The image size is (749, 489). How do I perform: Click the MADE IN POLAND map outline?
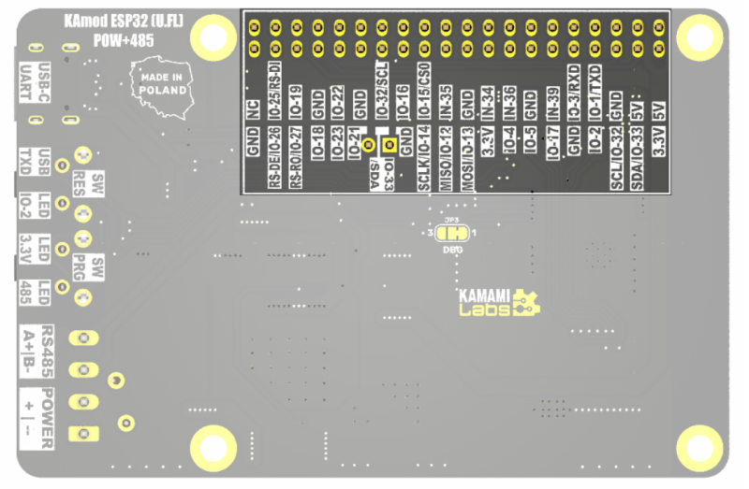coord(163,83)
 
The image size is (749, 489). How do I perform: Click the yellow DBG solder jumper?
coord(453,233)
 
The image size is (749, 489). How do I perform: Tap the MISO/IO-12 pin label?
coord(446,159)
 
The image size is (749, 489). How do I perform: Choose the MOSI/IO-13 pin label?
coord(467,159)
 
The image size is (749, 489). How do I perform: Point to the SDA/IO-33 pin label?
coord(637,159)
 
